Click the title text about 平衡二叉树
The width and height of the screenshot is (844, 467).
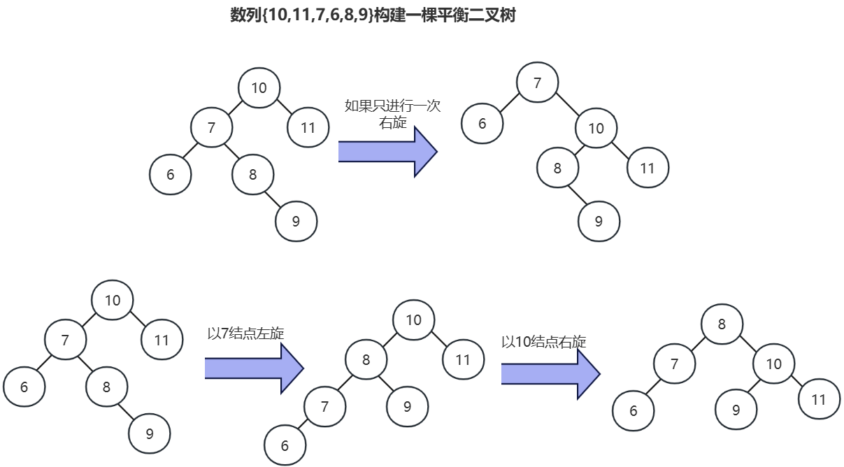(x=373, y=15)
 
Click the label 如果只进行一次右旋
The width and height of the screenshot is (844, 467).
(x=392, y=114)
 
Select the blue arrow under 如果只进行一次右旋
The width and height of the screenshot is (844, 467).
(x=387, y=151)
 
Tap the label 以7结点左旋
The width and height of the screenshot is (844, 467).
(x=245, y=333)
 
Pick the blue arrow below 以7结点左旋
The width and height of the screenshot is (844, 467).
(x=253, y=368)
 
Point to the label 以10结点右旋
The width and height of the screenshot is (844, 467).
(x=543, y=342)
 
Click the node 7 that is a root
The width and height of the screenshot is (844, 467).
(x=537, y=83)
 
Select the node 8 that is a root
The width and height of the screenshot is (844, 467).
(x=722, y=324)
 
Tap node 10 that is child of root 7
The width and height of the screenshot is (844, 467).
(x=596, y=128)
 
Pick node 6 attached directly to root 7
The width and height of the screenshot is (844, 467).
(x=482, y=124)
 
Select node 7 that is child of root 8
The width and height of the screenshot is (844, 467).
(x=674, y=364)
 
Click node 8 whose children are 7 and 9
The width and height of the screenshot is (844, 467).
(x=366, y=360)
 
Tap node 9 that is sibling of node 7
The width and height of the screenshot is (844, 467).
(x=407, y=405)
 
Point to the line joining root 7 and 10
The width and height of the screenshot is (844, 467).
(x=567, y=106)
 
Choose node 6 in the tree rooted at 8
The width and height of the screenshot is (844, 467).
(x=633, y=410)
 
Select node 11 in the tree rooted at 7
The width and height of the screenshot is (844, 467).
(x=648, y=168)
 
